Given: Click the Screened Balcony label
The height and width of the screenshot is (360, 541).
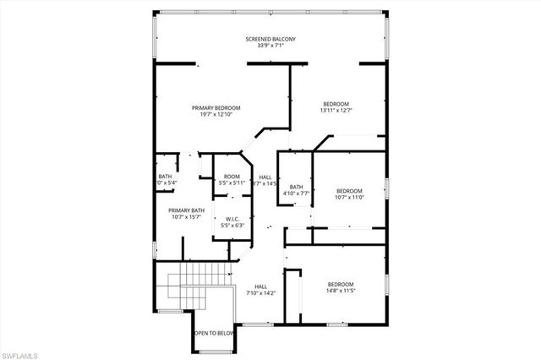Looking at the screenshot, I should point(270,39).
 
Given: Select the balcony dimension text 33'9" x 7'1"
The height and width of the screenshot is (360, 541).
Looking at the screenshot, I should point(270,46).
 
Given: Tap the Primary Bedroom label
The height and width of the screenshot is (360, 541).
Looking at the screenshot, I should point(216,107).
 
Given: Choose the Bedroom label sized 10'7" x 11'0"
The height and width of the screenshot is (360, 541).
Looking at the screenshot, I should point(349,190).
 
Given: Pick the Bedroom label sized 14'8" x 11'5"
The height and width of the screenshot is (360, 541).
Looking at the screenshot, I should point(341,284).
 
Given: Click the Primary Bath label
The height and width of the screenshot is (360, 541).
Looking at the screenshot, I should point(186,210).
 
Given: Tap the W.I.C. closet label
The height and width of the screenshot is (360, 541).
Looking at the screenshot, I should point(232,218).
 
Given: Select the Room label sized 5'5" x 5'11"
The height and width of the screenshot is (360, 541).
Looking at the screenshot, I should point(231,176).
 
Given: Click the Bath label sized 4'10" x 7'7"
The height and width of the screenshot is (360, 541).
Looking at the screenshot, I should point(296,187).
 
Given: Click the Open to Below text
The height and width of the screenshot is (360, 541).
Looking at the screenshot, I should point(214,333).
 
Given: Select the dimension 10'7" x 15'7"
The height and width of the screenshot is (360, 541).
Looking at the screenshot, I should point(186,217).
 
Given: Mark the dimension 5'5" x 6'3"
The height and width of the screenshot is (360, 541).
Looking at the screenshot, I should point(232,225).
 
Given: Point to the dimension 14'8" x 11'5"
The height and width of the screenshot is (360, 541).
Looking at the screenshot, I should point(341,291).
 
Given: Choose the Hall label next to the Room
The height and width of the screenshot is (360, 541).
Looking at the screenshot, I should point(265,176).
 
